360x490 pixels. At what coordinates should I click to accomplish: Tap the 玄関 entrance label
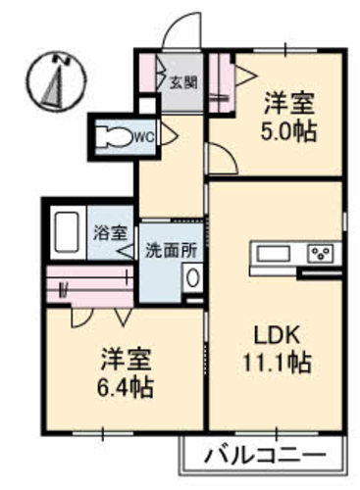[x=183, y=82]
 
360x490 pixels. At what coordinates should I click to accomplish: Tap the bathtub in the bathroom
[x=67, y=233]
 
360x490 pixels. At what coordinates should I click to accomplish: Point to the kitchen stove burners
[x=320, y=254]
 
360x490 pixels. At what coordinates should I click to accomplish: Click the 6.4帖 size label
[x=125, y=386]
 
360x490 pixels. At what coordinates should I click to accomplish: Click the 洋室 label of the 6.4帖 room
[x=125, y=356]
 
